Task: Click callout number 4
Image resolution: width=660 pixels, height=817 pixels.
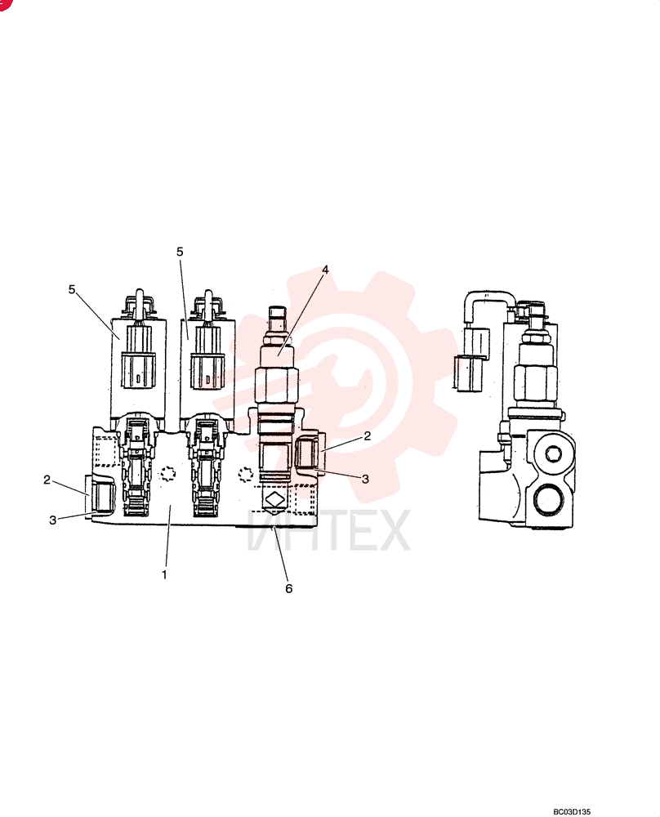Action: (x=325, y=270)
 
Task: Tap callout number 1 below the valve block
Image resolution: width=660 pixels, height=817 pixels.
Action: (x=165, y=574)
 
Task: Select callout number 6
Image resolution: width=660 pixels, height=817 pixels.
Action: (x=289, y=588)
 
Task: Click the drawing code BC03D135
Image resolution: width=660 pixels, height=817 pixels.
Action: (x=572, y=811)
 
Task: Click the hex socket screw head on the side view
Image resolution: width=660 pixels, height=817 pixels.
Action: (x=553, y=454)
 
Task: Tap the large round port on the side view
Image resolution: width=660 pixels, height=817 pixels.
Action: (x=549, y=498)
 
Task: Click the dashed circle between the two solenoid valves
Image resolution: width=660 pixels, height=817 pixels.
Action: (x=167, y=473)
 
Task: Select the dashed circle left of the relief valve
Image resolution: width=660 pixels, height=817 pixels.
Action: (x=245, y=474)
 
